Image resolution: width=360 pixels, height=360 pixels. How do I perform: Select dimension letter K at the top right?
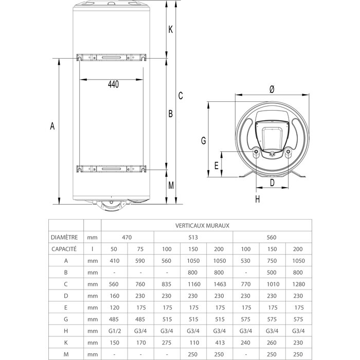170,29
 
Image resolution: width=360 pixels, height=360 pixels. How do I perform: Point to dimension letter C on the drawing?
181,95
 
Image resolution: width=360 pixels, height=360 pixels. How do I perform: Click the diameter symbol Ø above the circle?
272,89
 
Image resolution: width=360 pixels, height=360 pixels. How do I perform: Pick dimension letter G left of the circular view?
203,140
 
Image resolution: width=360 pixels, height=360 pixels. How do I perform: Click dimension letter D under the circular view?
272,183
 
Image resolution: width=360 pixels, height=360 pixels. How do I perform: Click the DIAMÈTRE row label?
65,238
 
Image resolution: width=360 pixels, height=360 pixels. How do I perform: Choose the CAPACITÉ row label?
65,249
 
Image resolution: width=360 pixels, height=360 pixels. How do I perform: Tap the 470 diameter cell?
127,238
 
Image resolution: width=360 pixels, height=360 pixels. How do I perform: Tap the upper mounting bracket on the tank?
110,57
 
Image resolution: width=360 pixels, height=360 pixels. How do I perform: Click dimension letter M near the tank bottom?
171,186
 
